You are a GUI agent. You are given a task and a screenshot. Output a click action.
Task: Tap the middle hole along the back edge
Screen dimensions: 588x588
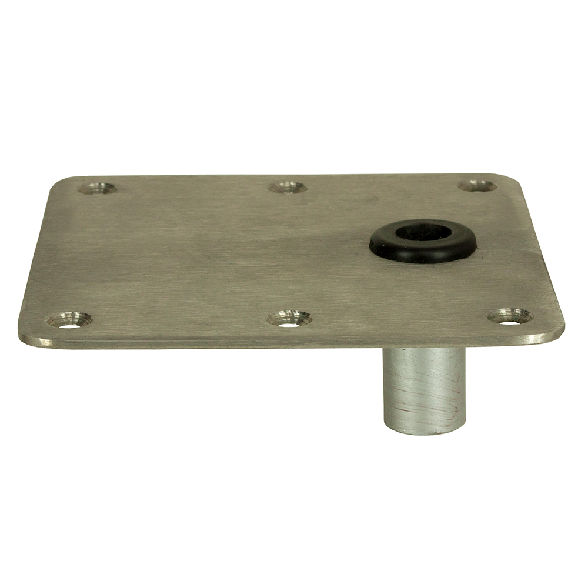tap(288, 187)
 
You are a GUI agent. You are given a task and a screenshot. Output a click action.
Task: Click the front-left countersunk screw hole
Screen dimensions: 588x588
tap(69, 320)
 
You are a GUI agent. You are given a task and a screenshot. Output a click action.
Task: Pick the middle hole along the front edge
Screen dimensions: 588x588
tap(289, 319)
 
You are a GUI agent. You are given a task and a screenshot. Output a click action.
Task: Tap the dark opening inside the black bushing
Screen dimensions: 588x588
tap(423, 231)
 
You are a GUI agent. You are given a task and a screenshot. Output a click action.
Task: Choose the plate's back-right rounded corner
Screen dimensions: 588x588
tap(507, 178)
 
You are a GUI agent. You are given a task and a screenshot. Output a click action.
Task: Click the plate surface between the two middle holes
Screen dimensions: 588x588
tap(288, 253)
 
